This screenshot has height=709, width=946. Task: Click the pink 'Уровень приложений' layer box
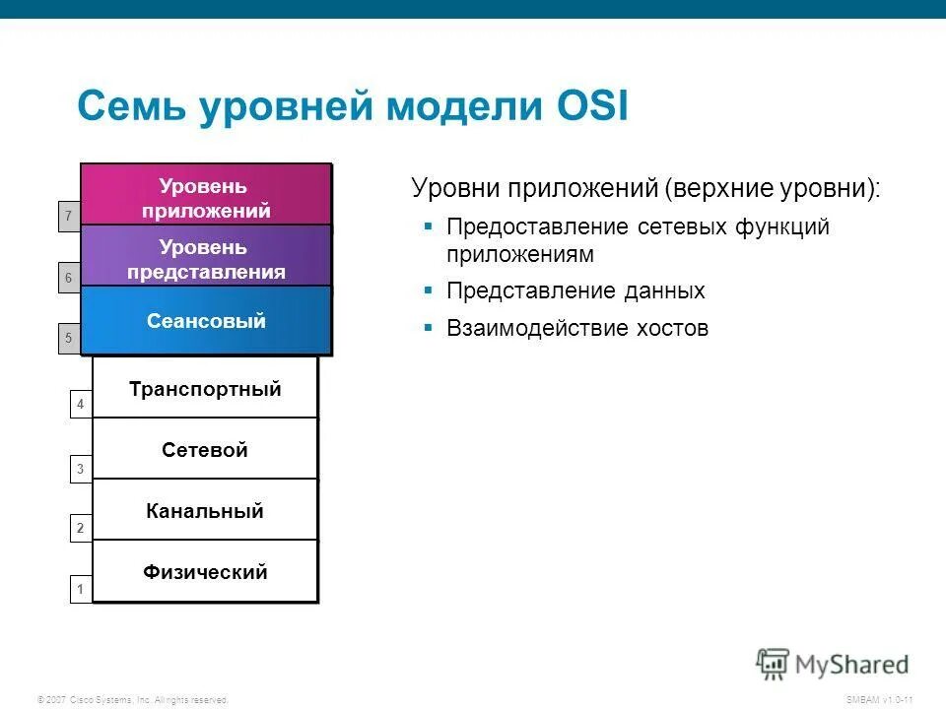click(x=206, y=197)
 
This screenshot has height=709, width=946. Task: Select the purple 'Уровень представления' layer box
click(x=206, y=259)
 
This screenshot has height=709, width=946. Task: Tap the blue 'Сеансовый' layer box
click(x=206, y=321)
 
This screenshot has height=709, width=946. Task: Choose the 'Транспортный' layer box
click(x=205, y=389)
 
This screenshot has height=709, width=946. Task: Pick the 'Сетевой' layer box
click(x=205, y=450)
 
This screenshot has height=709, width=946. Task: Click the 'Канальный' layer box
click(x=205, y=511)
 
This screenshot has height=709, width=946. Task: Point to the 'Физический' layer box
click(x=205, y=572)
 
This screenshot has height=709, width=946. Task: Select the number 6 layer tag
click(x=68, y=279)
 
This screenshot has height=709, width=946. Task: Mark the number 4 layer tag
click(x=81, y=405)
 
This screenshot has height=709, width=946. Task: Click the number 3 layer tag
click(x=81, y=470)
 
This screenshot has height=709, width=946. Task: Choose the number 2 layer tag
click(x=81, y=529)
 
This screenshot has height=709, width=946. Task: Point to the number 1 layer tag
click(x=81, y=590)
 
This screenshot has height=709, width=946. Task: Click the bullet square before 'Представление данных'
click(x=429, y=290)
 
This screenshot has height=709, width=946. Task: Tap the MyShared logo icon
click(x=774, y=664)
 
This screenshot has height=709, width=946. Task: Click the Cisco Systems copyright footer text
click(x=132, y=699)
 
